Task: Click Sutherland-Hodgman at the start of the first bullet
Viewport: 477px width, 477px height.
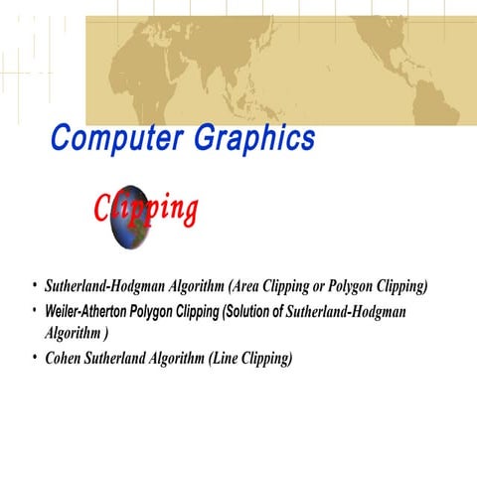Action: pyautogui.click(x=92, y=287)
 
